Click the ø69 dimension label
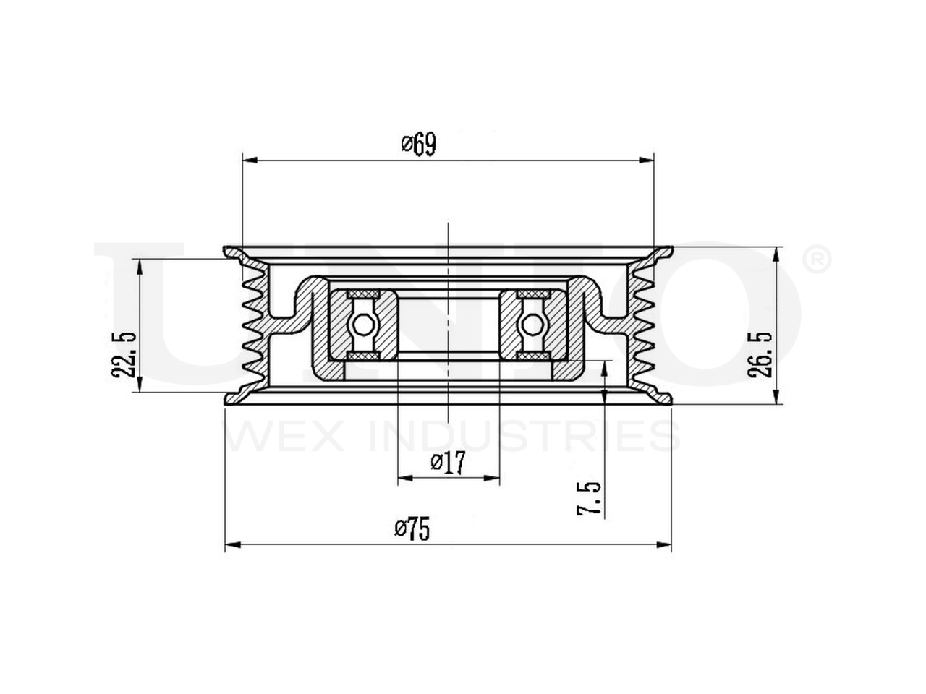coord(418,145)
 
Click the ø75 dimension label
coord(412,530)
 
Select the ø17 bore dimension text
coord(447,462)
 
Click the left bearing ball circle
coord(362,323)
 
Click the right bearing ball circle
coord(533,323)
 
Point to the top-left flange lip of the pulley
coord(233,252)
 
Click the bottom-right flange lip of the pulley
coord(662,398)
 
